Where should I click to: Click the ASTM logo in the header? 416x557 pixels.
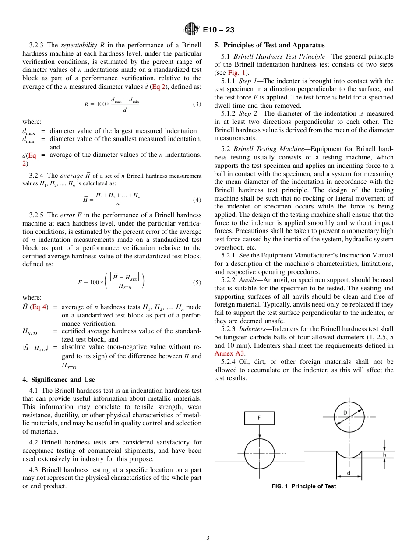coord(191,30)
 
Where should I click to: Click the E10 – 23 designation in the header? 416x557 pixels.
coord(219,30)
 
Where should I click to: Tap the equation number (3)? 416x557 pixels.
coord(197,104)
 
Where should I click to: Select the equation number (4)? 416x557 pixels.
coord(197,200)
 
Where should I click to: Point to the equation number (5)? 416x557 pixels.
coord(197,282)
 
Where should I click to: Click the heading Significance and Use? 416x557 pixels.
coord(58,380)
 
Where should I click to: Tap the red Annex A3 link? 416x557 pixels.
coord(229,353)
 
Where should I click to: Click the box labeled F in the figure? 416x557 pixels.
coord(259,418)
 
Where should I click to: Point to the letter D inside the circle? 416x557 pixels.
coord(345,413)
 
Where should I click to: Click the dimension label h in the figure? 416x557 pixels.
coord(384,455)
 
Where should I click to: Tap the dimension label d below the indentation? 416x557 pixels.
coord(349,473)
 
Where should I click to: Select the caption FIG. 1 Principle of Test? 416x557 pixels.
coord(303,486)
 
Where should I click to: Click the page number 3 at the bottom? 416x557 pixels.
coord(208,538)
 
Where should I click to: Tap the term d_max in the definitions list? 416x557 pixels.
coord(28,131)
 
